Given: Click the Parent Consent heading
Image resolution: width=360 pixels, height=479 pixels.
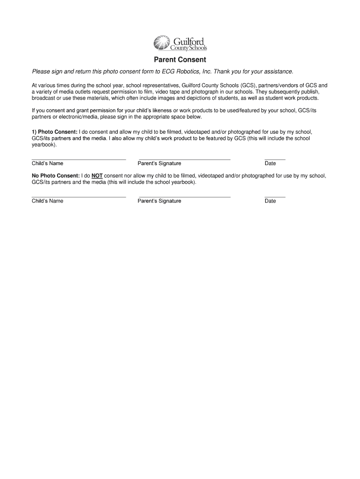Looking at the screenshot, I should [180, 60].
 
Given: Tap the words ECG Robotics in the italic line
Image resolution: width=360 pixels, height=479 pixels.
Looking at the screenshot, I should [180, 72].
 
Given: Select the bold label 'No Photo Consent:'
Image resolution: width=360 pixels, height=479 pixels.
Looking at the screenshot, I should [56, 176].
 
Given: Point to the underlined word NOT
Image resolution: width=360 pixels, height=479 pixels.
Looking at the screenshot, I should [97, 176].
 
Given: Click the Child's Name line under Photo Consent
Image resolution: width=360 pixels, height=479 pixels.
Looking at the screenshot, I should [79, 159].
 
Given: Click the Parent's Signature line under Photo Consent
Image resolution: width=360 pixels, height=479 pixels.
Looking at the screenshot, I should [184, 159].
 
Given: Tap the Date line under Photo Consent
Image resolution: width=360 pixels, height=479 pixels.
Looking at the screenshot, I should [274, 159].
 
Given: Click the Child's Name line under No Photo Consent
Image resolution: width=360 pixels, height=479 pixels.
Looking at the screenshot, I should [79, 196].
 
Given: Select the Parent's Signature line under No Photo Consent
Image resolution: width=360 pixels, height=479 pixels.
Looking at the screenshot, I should [184, 196].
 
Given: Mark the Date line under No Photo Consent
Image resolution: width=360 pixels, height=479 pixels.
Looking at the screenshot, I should [274, 196].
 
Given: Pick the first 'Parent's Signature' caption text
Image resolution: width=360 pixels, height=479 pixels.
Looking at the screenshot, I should [159, 163].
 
